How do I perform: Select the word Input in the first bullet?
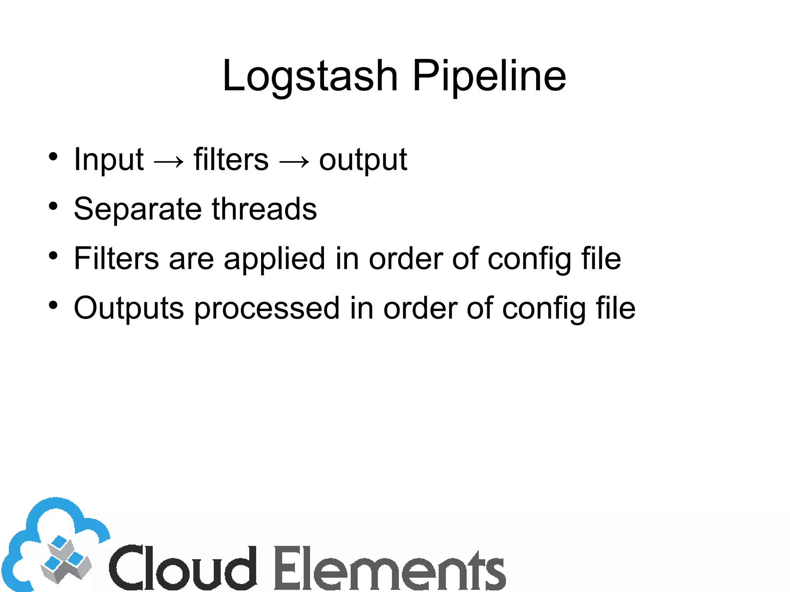coord(108,159)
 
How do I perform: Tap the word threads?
coord(264,209)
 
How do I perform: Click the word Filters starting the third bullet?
coord(116,258)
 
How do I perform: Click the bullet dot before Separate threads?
coord(53,206)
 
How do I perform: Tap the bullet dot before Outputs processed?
coord(53,305)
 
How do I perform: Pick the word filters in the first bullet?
coord(231,159)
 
